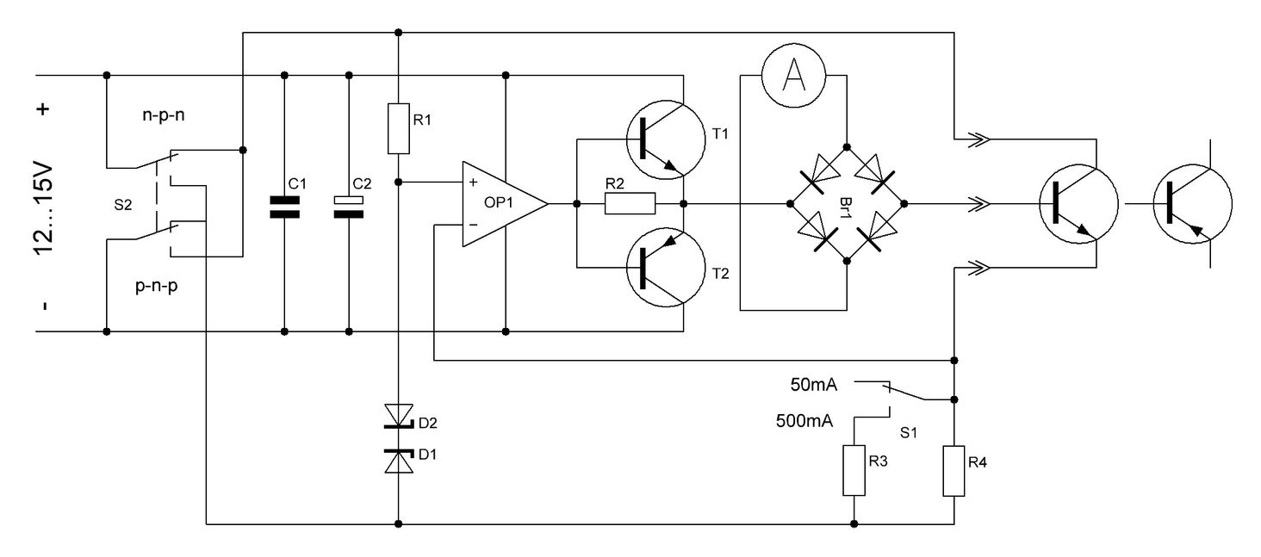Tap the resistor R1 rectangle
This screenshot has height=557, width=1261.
click(x=398, y=127)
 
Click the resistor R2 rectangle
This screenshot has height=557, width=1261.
click(x=630, y=204)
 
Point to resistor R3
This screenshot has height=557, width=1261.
click(x=854, y=470)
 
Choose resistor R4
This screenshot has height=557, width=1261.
click(x=954, y=470)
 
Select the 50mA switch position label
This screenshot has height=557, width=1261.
click(x=814, y=383)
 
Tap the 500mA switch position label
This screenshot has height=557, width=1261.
click(x=803, y=421)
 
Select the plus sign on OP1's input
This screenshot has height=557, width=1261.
click(x=472, y=183)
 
